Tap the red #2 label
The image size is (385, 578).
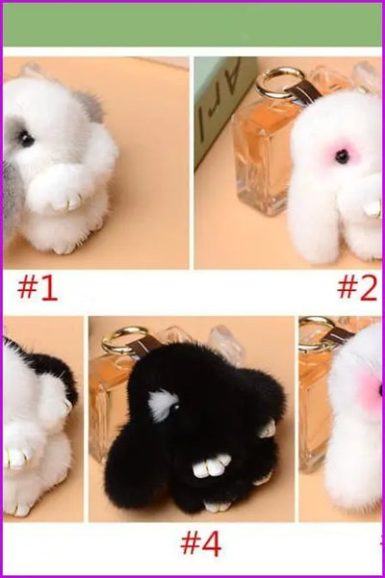coord(357,287)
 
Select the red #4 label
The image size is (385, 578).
coord(200,543)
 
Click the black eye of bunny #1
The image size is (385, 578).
coord(27,140)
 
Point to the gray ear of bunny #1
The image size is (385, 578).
coord(89,107)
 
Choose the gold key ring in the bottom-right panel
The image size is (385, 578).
coord(314,331)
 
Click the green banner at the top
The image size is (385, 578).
coord(192,24)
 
